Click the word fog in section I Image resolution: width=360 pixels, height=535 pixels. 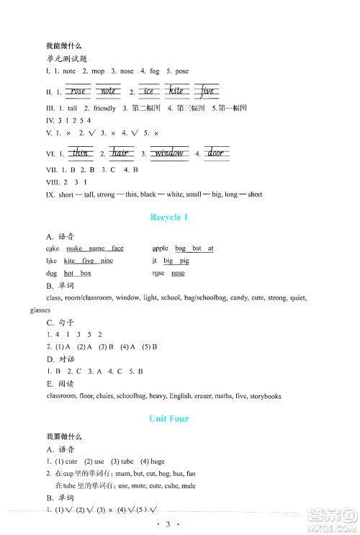pos(155,71)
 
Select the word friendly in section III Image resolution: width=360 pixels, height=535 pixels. pos(102,108)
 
